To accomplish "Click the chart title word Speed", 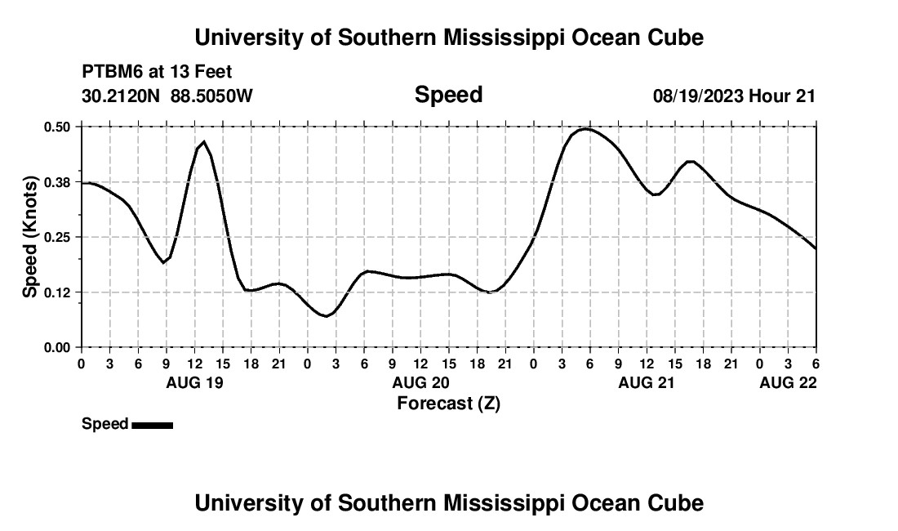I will (x=448, y=95).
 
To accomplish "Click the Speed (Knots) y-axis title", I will (x=30, y=237).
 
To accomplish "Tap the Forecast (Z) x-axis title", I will (x=448, y=403).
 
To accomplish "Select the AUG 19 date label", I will (x=194, y=382).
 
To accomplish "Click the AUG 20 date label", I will (x=420, y=382).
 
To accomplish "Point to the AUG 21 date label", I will (x=647, y=382).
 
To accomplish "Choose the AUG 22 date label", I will (x=788, y=382).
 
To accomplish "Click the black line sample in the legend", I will (x=152, y=425).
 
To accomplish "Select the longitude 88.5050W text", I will (x=211, y=96).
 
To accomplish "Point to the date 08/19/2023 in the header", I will (x=698, y=96).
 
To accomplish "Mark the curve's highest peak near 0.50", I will (x=585, y=129).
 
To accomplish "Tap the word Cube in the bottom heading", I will (x=677, y=503).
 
